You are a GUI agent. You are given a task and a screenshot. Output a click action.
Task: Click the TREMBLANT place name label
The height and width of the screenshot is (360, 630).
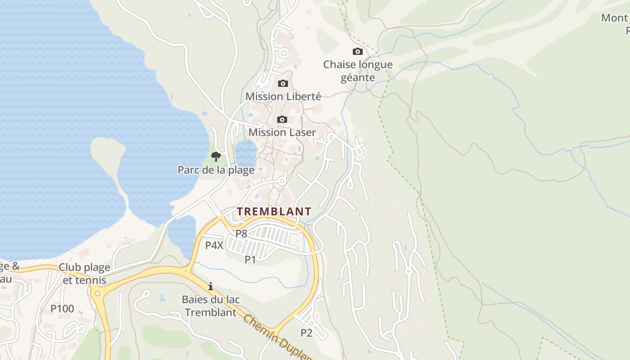pos(274,211)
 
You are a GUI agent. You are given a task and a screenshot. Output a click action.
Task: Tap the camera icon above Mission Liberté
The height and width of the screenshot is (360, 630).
pos(283,83)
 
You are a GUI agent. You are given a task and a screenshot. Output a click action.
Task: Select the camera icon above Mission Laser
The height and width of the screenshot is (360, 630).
pos(282,119)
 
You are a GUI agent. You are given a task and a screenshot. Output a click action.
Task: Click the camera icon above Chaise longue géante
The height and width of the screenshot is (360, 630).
pos(358,51)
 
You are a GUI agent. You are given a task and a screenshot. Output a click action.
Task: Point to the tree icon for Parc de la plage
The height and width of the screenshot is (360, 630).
pos(216,157)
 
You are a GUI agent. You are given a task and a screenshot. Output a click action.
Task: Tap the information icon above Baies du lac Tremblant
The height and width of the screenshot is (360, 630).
pos(210,286)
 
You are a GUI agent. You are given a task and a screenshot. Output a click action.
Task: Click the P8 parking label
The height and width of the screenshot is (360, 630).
pos(242,234)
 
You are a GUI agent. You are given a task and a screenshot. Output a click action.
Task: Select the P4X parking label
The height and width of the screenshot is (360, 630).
pos(215,245)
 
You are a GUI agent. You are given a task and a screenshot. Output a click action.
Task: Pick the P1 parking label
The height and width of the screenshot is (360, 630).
pos(250,259)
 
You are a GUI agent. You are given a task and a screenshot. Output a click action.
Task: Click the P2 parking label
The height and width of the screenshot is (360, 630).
pos(306,333)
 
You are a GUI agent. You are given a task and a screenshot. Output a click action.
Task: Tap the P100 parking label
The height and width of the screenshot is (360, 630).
pos(62,309)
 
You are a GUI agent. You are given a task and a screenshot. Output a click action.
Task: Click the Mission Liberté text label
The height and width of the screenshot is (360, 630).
pos(283,96)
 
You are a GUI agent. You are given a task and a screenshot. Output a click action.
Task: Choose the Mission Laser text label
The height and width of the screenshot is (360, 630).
pos(282,132)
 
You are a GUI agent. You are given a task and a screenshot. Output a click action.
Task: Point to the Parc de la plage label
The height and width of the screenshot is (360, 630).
pos(216,170)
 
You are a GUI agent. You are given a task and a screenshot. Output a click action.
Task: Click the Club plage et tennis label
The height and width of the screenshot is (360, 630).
pos(85,274)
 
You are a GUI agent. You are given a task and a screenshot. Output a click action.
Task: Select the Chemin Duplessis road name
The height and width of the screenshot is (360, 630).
pos(277,337)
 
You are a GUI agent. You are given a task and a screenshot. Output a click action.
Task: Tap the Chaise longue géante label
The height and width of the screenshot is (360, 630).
pos(358,71)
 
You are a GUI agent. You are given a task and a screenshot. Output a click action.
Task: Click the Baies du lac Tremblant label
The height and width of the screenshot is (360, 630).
pos(211,306)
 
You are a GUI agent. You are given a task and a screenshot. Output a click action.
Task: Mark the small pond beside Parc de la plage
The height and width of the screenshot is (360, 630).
pos(246,152)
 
